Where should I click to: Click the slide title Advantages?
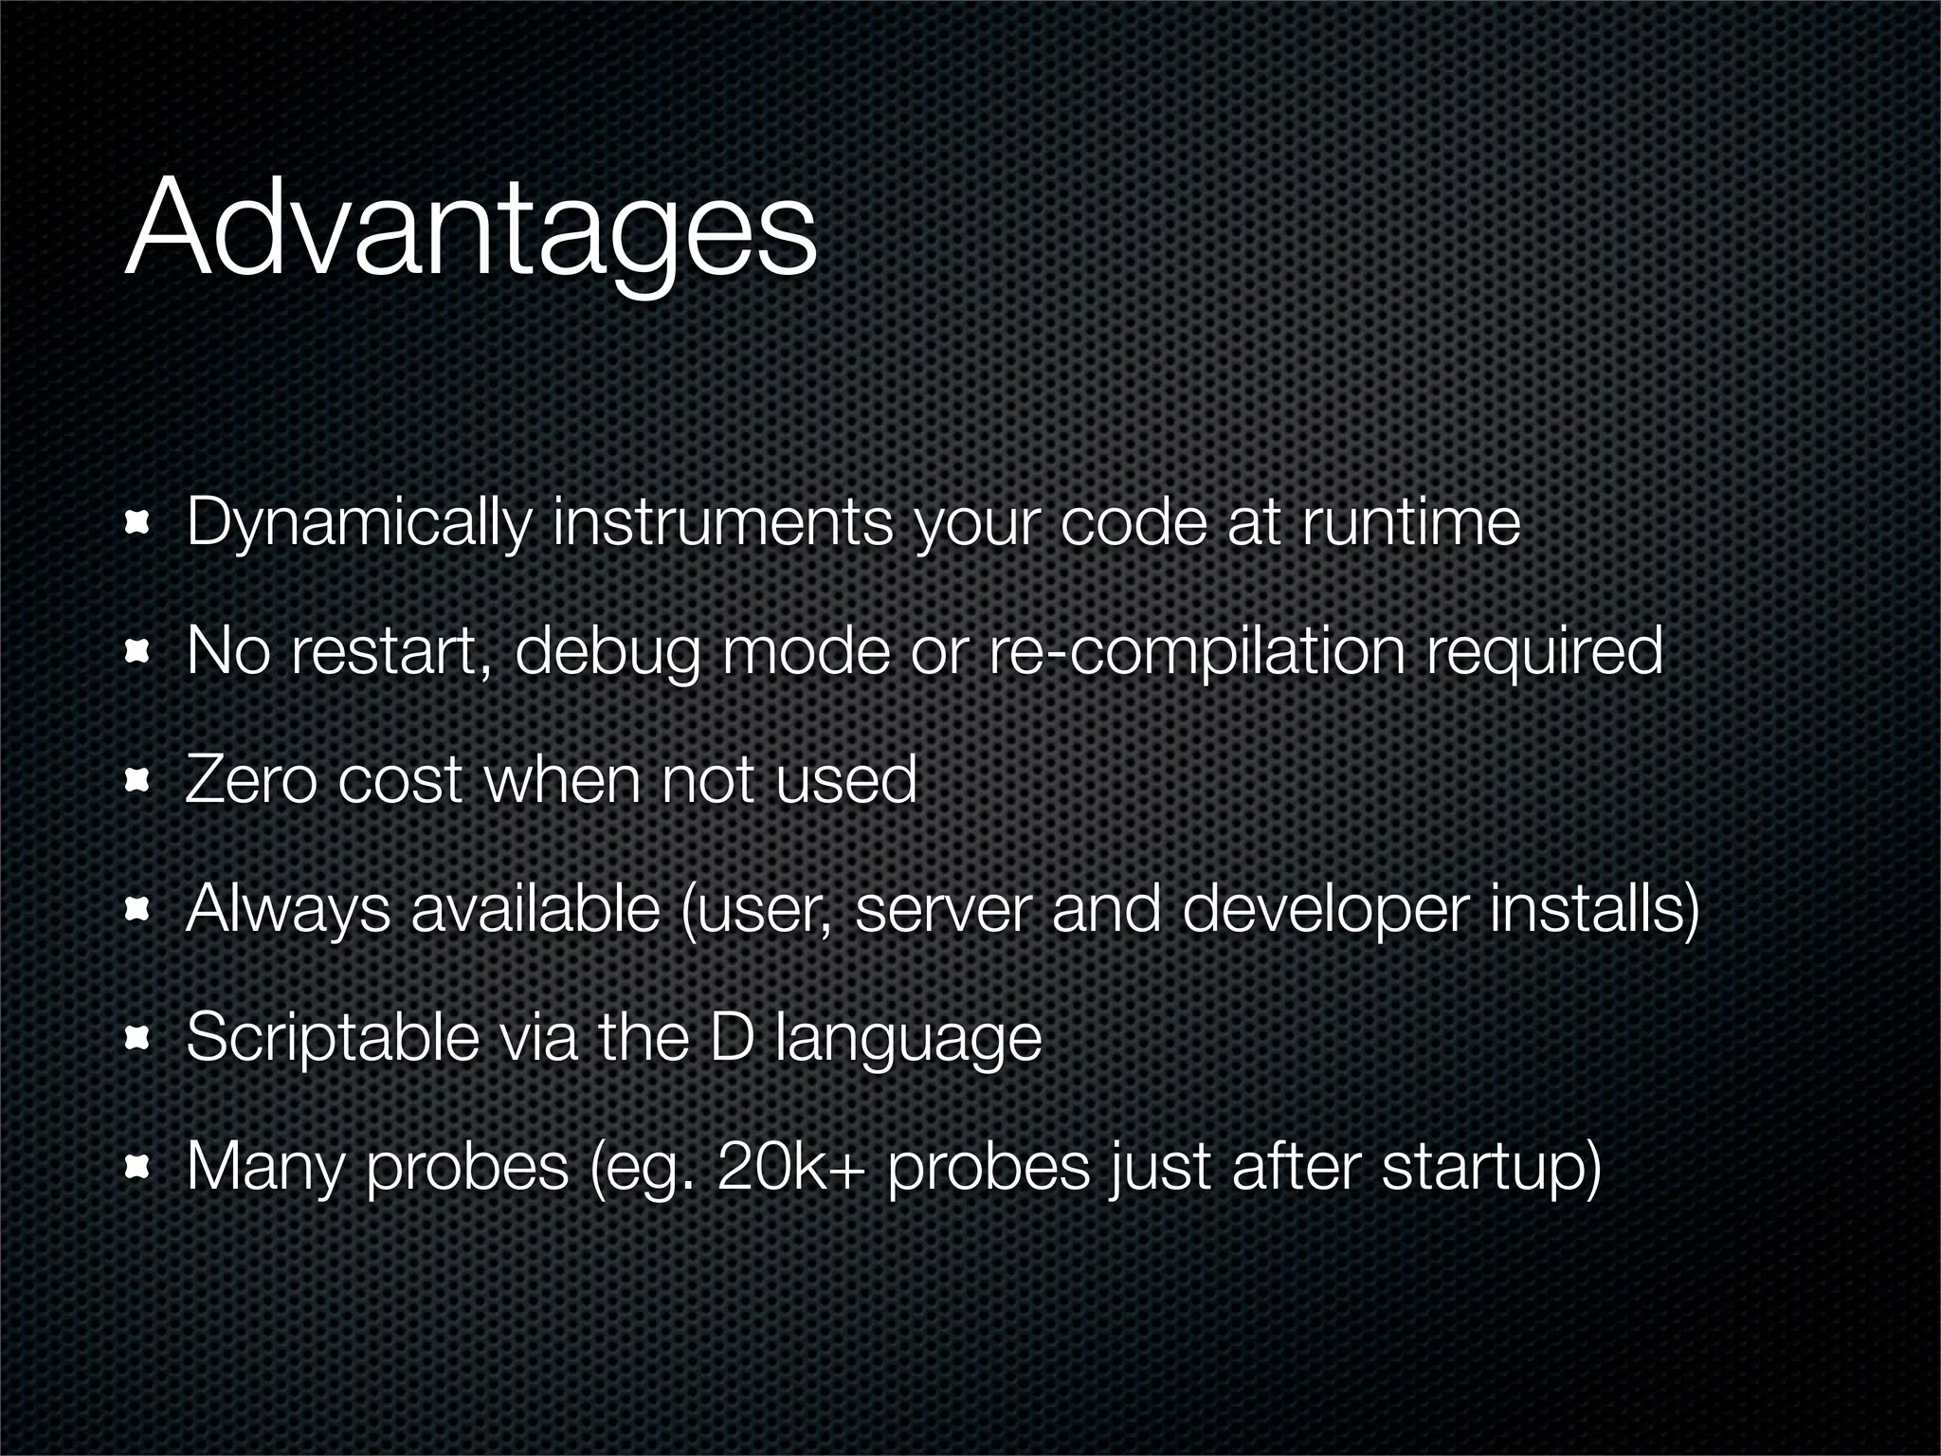(x=470, y=232)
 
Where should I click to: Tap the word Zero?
(x=249, y=780)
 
